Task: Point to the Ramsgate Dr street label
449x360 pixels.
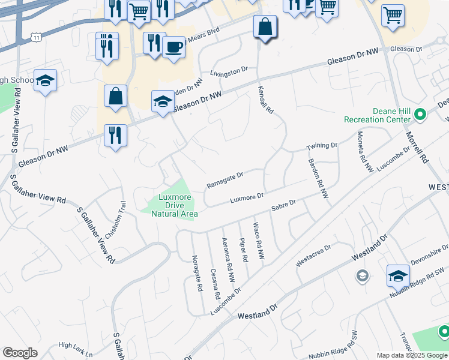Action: tap(224, 179)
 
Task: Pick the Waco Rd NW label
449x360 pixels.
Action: tap(258, 241)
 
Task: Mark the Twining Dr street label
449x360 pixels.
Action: tap(322, 146)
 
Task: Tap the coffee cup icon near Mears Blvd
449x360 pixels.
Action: tap(173, 47)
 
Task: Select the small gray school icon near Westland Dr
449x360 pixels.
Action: tap(362, 275)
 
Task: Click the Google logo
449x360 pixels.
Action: tap(20, 353)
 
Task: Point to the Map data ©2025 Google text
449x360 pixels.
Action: tap(411, 355)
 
